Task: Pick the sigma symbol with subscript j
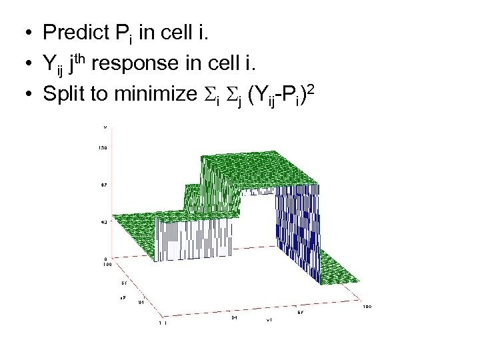point(229,95)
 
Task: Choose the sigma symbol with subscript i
point(207,95)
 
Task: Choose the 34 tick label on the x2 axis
point(141,302)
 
